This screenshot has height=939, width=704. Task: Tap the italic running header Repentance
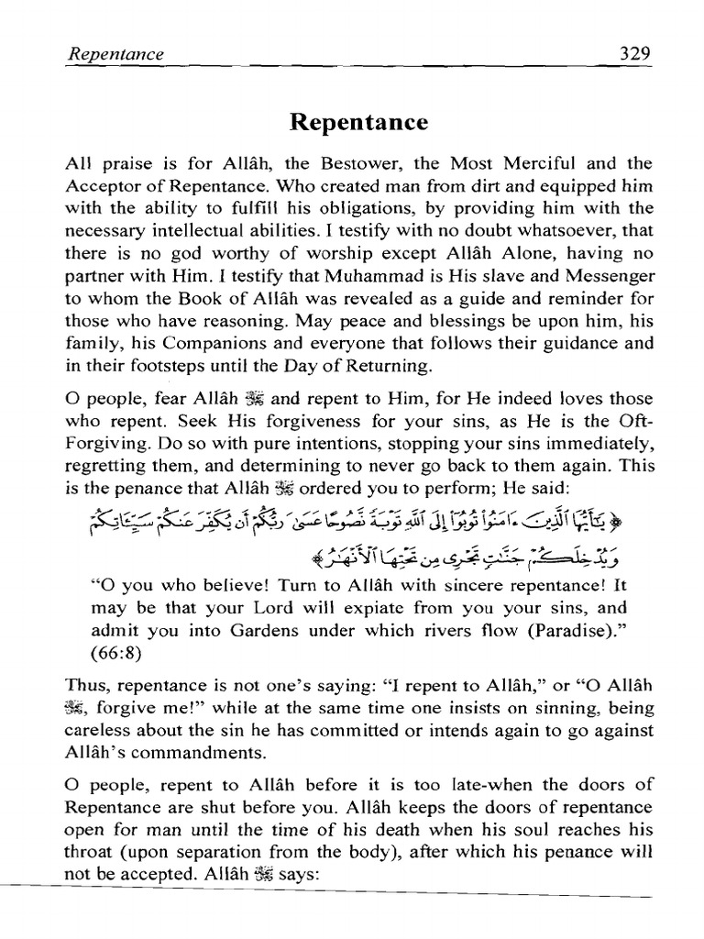pyautogui.click(x=115, y=54)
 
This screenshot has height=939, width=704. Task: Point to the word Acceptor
pyautogui.click(x=100, y=186)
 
